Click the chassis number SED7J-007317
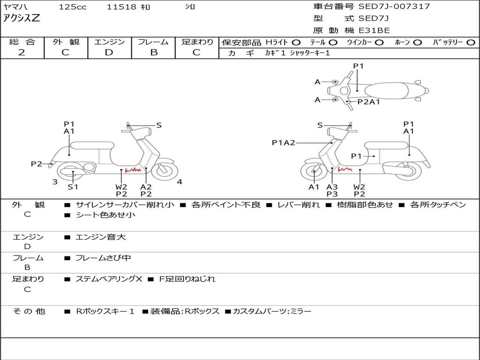[394, 6]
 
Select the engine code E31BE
[374, 30]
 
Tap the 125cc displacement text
[73, 7]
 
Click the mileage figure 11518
[121, 7]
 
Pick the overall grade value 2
[22, 52]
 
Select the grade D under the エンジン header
[109, 52]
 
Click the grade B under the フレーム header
[154, 52]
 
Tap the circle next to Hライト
[296, 43]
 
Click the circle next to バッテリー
[471, 43]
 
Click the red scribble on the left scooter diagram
[133, 170]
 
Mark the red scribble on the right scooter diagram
[345, 169]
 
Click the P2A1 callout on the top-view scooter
[369, 102]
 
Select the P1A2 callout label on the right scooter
[284, 142]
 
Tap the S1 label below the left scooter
[73, 187]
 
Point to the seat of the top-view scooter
[386, 90]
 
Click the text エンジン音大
[101, 237]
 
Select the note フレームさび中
[103, 258]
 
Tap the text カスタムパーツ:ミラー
[272, 311]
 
